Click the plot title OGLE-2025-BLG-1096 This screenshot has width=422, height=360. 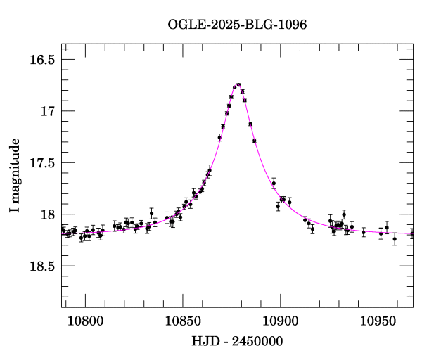pos(237,24)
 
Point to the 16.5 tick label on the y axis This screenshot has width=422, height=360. pos(41,60)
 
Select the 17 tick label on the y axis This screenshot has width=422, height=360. pos(48,111)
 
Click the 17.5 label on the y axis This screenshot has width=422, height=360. pos(41,163)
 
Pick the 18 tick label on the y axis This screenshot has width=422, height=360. pos(48,214)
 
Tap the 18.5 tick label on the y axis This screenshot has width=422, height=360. pos(41,266)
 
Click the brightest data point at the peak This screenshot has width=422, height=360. pos(238,85)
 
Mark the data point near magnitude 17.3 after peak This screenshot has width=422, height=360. pos(255,141)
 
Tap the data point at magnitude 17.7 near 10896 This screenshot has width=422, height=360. pos(274,183)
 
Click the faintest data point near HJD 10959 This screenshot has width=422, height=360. pos(395,239)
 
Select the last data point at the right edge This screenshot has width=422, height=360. pos(412,233)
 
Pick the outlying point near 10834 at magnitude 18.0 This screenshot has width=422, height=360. pos(151,213)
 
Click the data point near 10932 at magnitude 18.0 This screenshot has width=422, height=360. pos(344,214)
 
